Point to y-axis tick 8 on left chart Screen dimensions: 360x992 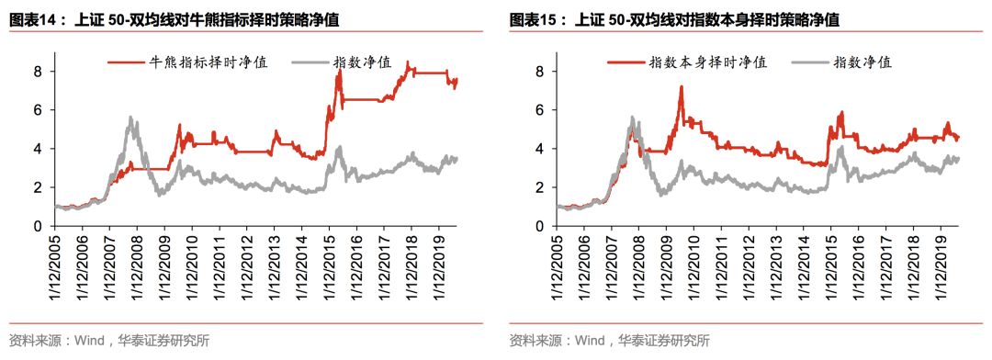39,72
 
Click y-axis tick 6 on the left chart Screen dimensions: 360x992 39,110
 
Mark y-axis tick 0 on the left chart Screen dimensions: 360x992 39,226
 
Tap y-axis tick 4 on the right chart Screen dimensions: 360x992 540,149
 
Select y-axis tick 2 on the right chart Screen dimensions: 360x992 540,187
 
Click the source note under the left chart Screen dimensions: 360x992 109,341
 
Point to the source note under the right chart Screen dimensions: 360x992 610,341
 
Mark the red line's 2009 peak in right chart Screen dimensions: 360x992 681,87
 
